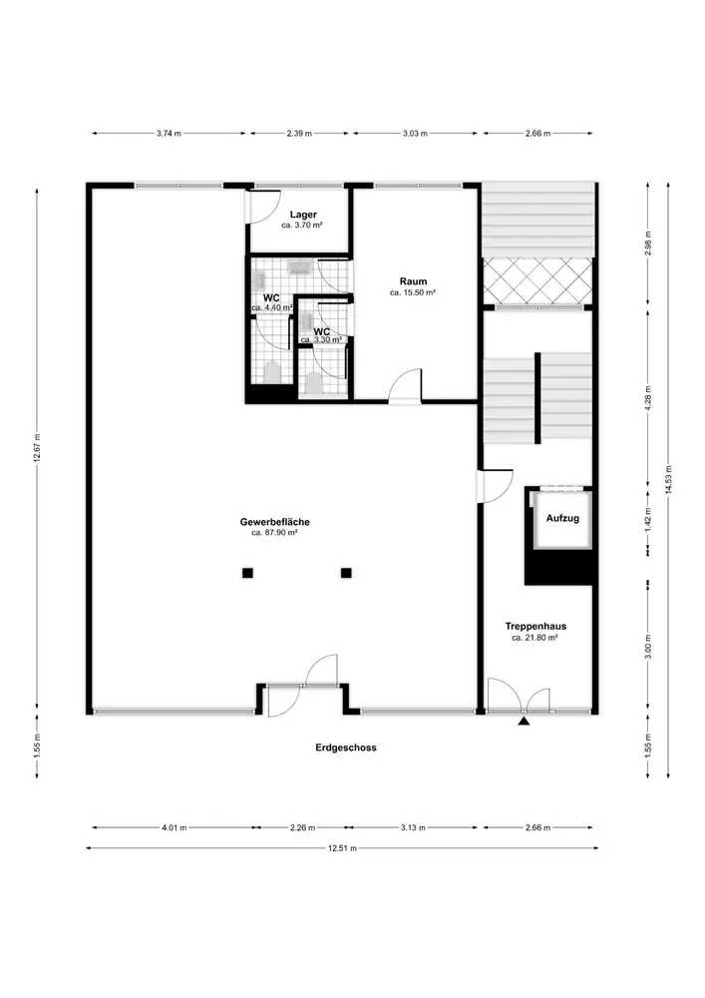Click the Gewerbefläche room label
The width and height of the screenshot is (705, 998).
tap(274, 522)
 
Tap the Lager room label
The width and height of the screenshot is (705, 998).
tap(303, 215)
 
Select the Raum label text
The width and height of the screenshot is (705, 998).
tap(413, 281)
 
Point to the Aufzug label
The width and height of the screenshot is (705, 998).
tap(562, 518)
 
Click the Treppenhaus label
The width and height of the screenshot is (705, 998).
tap(535, 626)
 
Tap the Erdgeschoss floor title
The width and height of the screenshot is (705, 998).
tap(346, 748)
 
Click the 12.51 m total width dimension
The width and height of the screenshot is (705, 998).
tap(343, 847)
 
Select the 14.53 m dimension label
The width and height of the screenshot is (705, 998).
tap(668, 479)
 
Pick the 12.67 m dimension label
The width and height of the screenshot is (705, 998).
tap(37, 449)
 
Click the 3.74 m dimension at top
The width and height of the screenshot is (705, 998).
tap(170, 134)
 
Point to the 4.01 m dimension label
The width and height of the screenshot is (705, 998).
tap(175, 828)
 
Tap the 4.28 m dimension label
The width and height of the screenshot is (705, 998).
tap(648, 398)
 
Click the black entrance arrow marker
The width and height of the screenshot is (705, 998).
tap(524, 722)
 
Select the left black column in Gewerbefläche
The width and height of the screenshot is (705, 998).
tap(247, 573)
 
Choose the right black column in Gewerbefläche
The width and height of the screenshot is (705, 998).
tap(346, 573)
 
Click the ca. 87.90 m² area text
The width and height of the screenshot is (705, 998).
tap(274, 533)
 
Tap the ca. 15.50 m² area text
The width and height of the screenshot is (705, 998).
tap(413, 292)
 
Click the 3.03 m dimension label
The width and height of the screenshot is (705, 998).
tap(415, 134)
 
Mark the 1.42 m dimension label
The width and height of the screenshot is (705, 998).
tap(648, 519)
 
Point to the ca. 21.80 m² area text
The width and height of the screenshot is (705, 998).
tap(534, 637)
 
